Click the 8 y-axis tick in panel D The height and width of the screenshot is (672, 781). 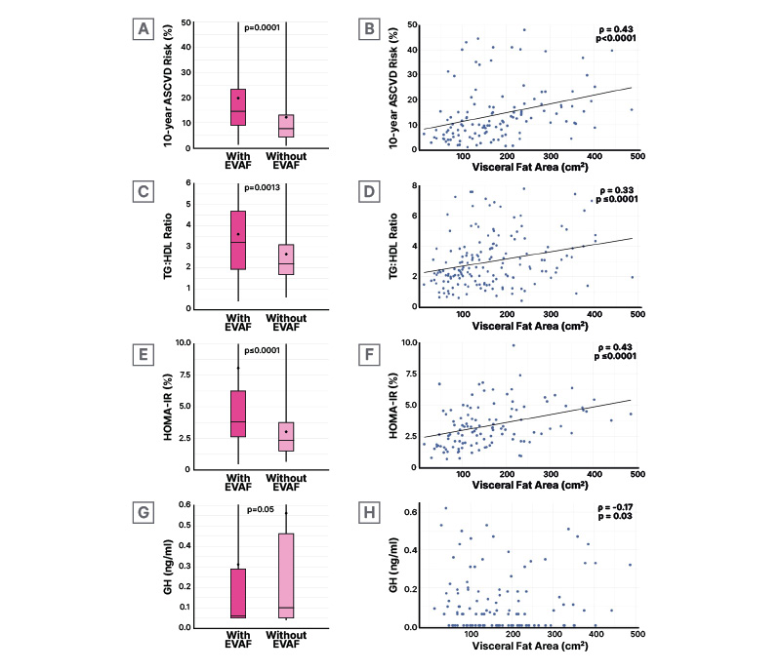coord(413,185)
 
